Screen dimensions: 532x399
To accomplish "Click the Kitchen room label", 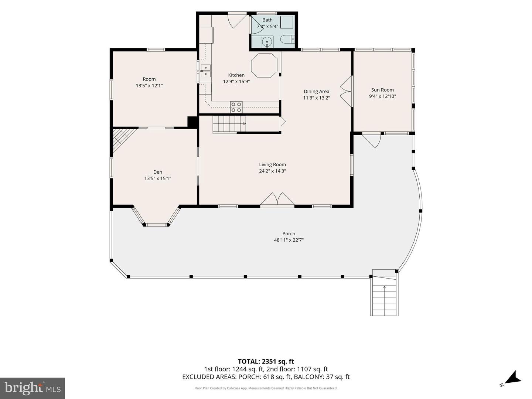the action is coord(236,75).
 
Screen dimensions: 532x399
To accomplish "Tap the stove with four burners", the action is coord(236,107).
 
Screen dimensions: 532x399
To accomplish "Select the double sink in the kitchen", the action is coord(205,71).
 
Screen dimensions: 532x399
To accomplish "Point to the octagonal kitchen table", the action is coord(264,65).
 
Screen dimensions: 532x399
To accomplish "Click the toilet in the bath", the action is coord(287,39).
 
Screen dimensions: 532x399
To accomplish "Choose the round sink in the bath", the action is coord(267,42).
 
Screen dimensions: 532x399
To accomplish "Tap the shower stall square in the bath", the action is coord(287,22).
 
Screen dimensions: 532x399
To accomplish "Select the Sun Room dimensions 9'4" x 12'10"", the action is coord(382,96).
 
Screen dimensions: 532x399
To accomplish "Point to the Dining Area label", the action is coord(317,91).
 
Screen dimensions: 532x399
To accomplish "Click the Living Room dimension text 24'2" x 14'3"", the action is coord(272,171).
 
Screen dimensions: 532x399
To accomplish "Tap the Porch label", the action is coord(289,233).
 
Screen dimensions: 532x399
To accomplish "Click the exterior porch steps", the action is coord(384,293).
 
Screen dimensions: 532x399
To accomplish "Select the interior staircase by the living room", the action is coord(229,125).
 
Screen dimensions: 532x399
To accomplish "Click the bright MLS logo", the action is coord(33,388).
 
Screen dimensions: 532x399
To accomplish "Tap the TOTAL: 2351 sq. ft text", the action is coord(266,361).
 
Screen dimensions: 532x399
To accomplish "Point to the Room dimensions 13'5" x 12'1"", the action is coord(149,85).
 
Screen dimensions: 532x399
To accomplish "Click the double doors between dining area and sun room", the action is coord(346,91).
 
